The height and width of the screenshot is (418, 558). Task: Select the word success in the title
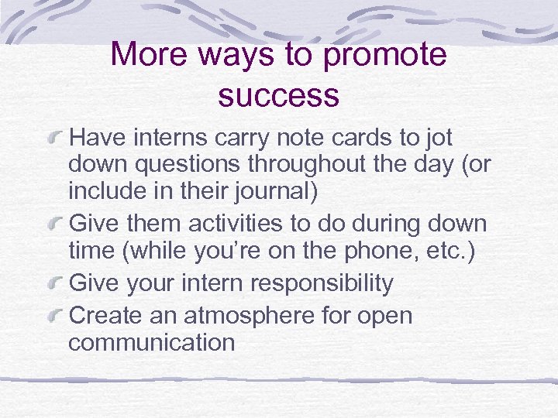[279, 95]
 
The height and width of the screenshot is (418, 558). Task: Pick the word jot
[437, 139]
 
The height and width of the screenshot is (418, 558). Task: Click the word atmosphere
[261, 316]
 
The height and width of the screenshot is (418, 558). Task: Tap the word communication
[151, 343]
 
